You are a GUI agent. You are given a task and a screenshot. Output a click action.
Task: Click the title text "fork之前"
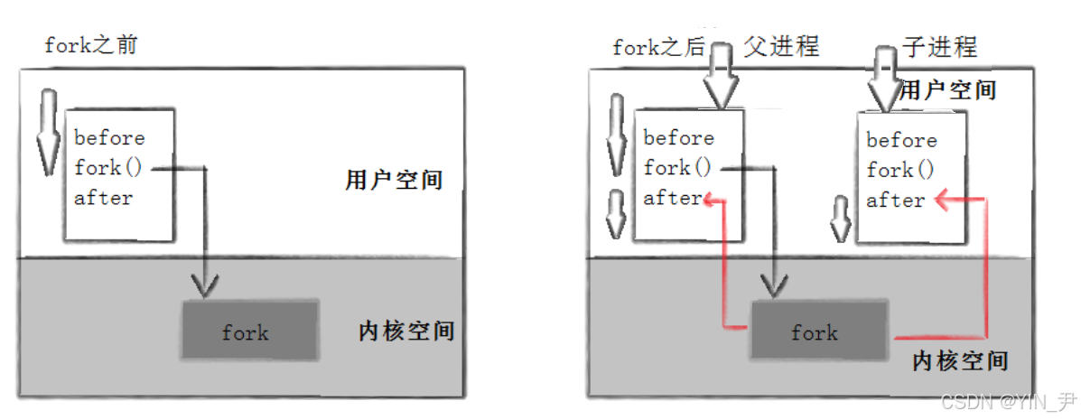coord(91,44)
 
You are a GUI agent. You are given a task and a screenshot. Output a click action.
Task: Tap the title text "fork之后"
coord(658,47)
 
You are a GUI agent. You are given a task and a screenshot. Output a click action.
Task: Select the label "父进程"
coord(781,46)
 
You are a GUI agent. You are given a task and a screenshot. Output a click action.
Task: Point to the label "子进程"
coord(939,46)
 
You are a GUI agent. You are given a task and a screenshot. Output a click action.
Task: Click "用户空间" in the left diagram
coord(394,179)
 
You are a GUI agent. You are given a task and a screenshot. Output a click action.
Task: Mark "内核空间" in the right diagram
coord(960,360)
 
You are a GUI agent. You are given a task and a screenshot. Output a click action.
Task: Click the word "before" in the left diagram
coord(109,138)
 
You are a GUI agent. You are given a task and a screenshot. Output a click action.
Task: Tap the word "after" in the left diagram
coord(103,198)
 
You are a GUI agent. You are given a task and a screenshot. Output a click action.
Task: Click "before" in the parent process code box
coord(678,138)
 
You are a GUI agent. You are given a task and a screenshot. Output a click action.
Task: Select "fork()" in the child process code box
coord(900,170)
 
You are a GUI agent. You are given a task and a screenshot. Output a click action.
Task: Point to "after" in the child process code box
coord(895,201)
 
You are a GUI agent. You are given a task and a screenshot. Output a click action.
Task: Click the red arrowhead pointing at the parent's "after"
coord(713,199)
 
